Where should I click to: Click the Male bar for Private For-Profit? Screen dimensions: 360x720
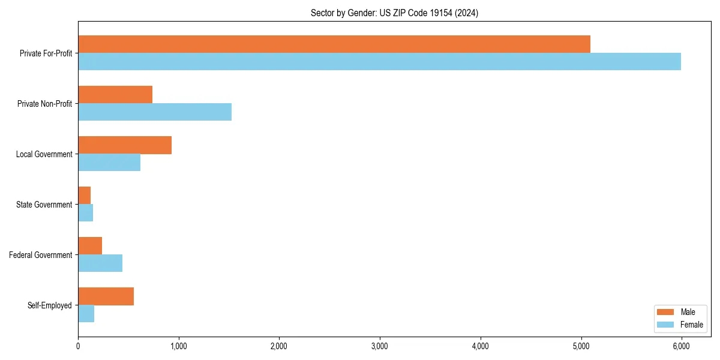pos(334,44)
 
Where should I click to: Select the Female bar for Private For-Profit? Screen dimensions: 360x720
pos(379,61)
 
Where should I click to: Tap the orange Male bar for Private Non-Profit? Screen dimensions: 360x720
pos(115,95)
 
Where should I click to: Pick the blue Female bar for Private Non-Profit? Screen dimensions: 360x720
pos(155,112)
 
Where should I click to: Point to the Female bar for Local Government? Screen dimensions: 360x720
pos(109,162)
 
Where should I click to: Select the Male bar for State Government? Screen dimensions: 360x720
pos(85,196)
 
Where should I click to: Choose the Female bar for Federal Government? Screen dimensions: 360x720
pos(100,263)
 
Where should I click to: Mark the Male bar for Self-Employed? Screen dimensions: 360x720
pos(106,296)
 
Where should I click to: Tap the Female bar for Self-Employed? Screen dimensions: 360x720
pos(86,313)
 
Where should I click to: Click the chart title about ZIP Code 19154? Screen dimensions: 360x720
pos(394,13)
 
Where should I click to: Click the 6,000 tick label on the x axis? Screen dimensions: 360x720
pos(681,346)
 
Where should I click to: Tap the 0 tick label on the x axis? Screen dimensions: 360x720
pos(78,346)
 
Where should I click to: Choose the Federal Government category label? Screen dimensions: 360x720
pos(41,255)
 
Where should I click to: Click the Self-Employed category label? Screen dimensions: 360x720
pos(50,305)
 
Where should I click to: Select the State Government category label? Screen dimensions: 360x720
pos(44,205)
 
